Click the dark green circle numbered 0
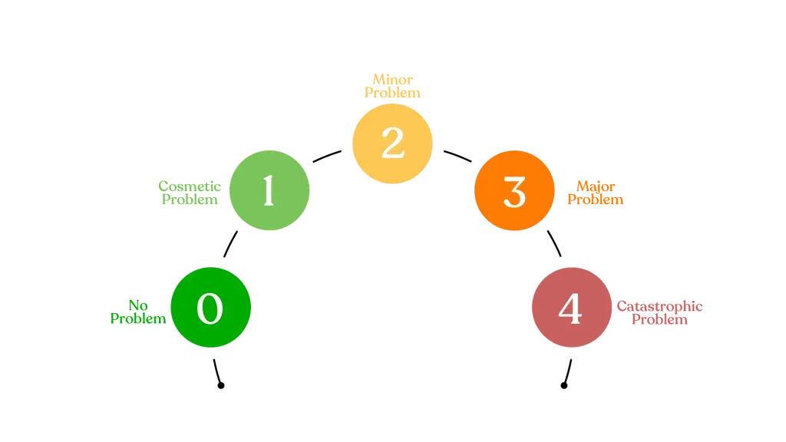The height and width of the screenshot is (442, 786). click(x=211, y=308)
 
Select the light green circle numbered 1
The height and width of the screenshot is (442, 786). click(x=269, y=190)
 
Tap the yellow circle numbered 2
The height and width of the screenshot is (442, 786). click(x=392, y=143)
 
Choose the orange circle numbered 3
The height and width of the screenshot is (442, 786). click(x=514, y=191)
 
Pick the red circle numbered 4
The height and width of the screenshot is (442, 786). click(x=571, y=308)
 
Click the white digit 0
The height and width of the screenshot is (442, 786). click(x=210, y=308)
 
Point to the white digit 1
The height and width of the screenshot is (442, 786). click(x=269, y=191)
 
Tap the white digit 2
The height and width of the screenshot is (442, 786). click(x=392, y=143)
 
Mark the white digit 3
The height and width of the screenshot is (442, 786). click(x=514, y=192)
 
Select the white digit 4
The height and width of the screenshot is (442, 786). click(x=570, y=308)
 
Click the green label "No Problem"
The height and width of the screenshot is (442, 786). click(x=138, y=312)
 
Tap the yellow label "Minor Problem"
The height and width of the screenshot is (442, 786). click(x=392, y=84)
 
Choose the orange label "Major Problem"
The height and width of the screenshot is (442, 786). click(x=596, y=193)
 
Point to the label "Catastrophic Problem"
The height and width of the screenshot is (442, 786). click(x=660, y=312)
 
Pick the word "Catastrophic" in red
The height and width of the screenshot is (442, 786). click(x=660, y=305)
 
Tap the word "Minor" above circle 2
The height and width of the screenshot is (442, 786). click(x=392, y=78)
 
